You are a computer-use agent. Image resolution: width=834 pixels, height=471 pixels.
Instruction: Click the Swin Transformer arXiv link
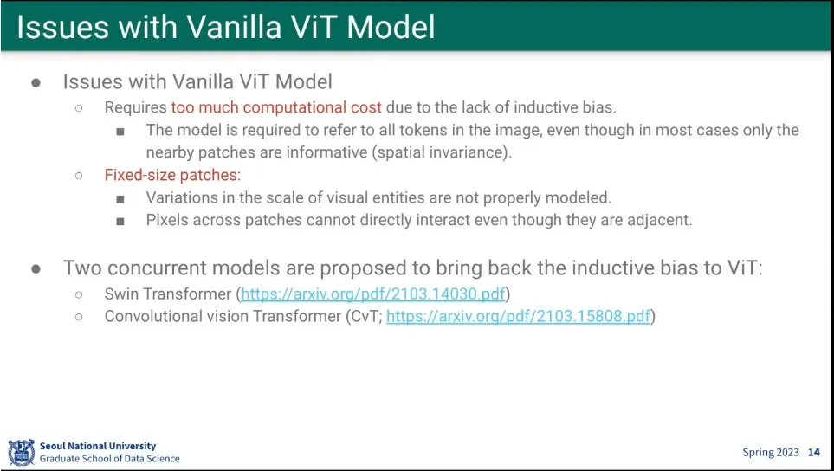(x=373, y=294)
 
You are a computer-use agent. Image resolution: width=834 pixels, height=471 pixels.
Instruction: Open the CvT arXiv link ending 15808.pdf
(x=519, y=316)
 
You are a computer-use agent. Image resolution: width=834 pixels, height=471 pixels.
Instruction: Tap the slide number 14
(x=814, y=453)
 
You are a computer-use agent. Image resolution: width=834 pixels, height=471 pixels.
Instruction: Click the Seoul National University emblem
(x=22, y=452)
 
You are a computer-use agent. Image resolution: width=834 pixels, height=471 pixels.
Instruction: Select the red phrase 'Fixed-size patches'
(x=171, y=175)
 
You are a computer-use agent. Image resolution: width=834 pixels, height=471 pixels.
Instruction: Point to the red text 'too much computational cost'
(x=276, y=107)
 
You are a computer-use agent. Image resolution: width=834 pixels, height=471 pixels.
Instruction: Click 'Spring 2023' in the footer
(x=771, y=453)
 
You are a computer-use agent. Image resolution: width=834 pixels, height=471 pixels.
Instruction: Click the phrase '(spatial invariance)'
(x=441, y=152)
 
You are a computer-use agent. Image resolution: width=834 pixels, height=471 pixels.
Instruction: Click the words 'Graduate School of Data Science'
(x=110, y=458)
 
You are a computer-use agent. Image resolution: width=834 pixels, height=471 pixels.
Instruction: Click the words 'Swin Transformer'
(x=168, y=294)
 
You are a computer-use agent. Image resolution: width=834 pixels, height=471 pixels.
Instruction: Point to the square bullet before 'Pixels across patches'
(x=120, y=221)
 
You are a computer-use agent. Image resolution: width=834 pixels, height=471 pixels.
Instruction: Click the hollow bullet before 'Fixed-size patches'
(x=79, y=176)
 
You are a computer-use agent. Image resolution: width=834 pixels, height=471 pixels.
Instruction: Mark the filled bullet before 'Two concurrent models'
(x=36, y=268)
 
